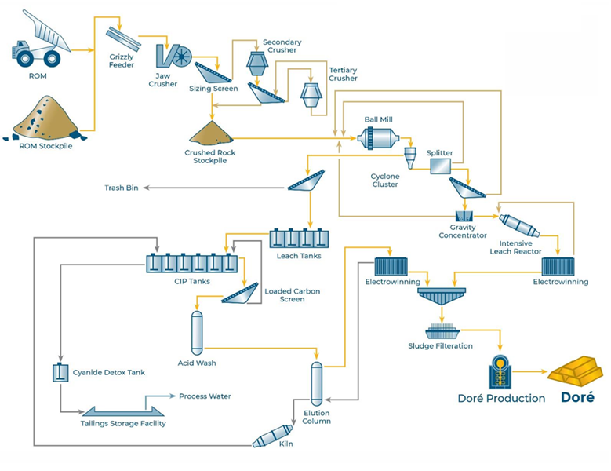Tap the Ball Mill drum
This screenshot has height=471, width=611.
(378, 138)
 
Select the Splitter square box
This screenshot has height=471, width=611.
(439, 166)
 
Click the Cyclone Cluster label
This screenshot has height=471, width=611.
(384, 181)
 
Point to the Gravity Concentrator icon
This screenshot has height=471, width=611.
(463, 216)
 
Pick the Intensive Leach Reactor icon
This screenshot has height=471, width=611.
(519, 225)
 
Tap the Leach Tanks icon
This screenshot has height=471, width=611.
(299, 237)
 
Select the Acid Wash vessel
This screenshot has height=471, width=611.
(197, 331)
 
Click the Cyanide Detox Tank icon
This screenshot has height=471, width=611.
(59, 373)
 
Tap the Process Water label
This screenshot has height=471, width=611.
(205, 396)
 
